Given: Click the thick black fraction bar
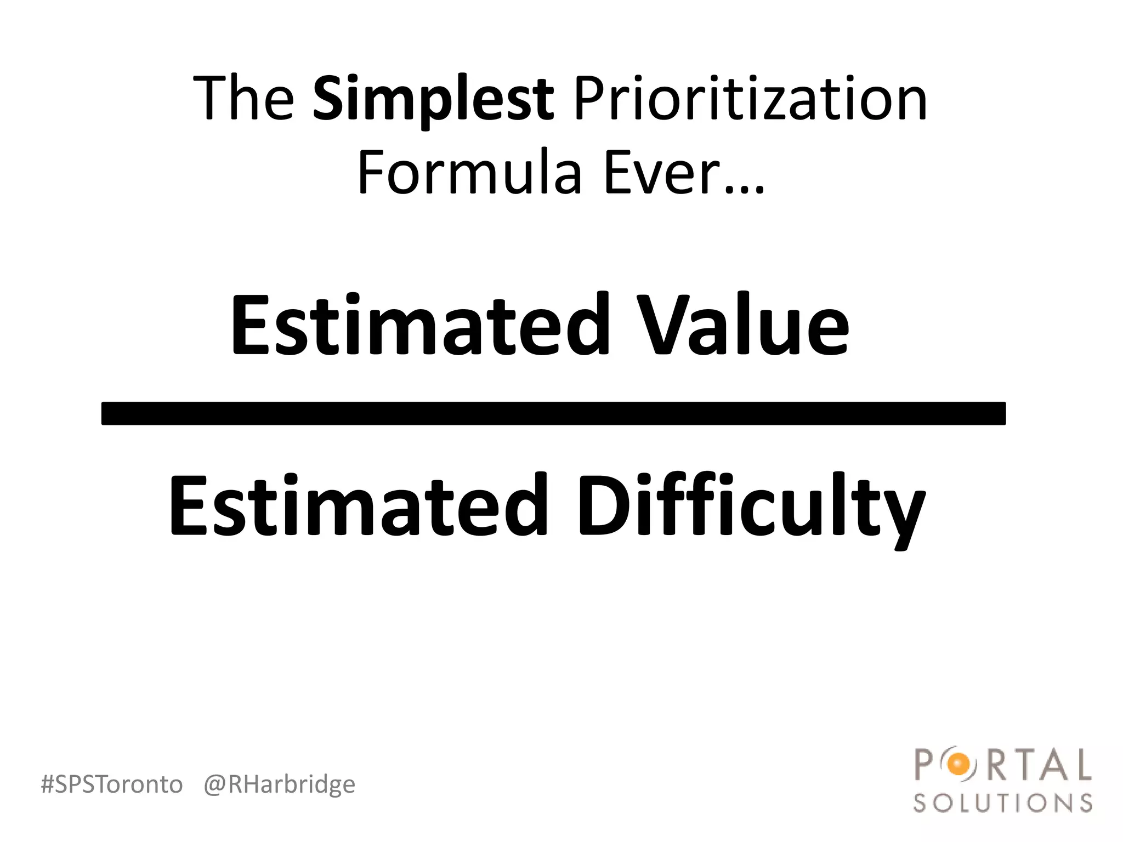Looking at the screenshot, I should click(x=553, y=413).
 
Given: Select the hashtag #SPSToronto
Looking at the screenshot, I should click(x=112, y=784).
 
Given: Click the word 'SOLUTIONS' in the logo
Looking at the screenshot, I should click(x=1003, y=804).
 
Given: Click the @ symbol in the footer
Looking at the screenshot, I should click(x=214, y=785).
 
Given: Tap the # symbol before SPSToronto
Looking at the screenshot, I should click(x=48, y=784).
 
